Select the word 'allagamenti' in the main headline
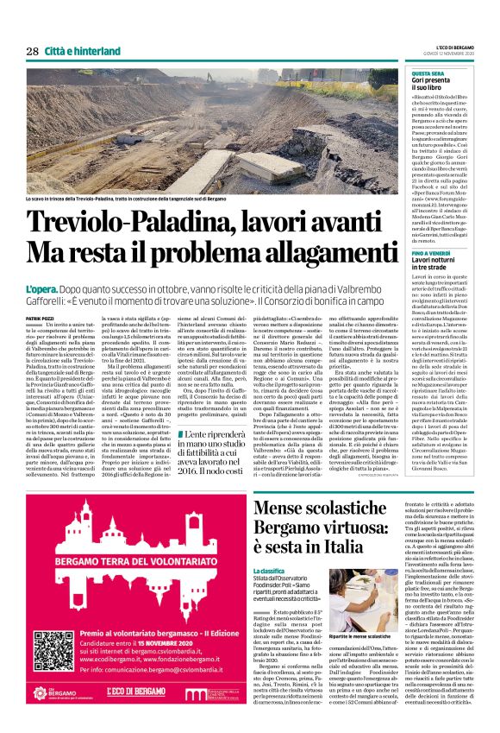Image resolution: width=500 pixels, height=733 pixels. (312, 251)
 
